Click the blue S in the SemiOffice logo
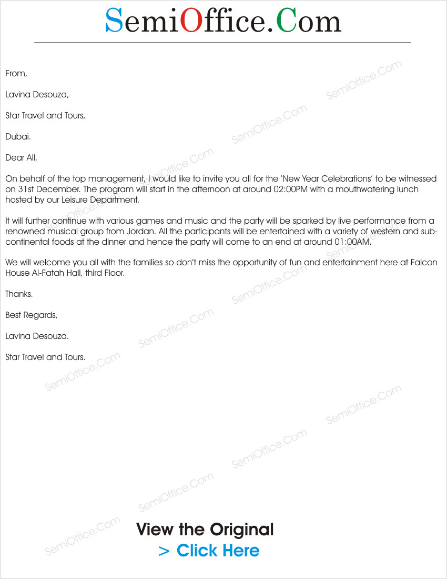pyautogui.click(x=114, y=21)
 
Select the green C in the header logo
pyautogui.click(x=287, y=21)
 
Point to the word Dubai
pyautogui.click(x=18, y=137)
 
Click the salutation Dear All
pyautogui.click(x=21, y=158)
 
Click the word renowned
pyautogui.click(x=24, y=232)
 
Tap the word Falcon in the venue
pyautogui.click(x=425, y=263)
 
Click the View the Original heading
pyautogui.click(x=205, y=530)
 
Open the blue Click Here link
pyautogui.click(x=218, y=551)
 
